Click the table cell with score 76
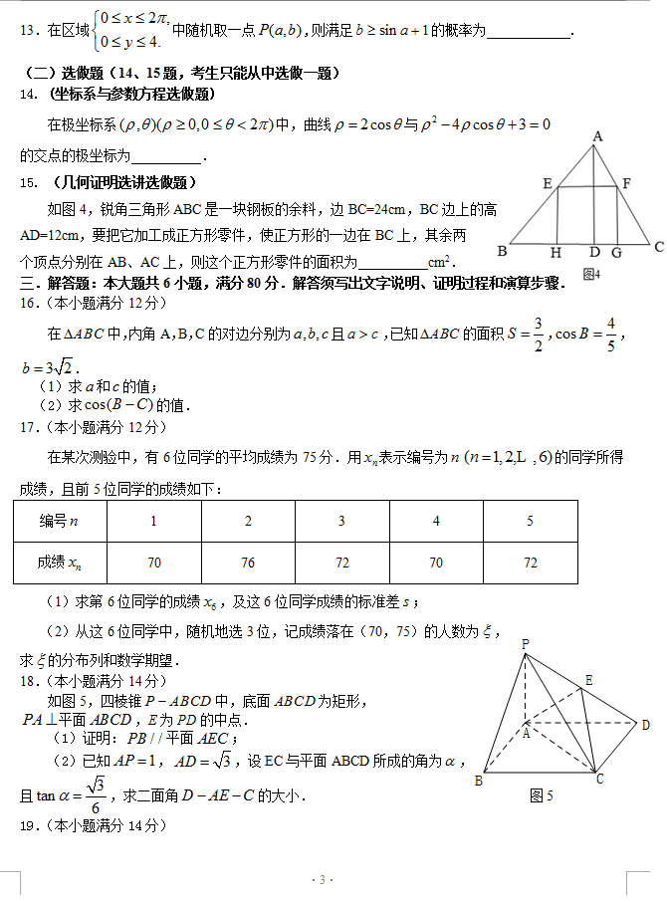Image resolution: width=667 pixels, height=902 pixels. point(248,563)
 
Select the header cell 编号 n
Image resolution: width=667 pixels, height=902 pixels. point(60,521)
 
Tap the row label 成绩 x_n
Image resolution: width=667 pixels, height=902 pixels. point(60,563)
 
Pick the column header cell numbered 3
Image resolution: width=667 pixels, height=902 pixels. point(341,521)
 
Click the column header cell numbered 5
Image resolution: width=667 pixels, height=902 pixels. point(531,521)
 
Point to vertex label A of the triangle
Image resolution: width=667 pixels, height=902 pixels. point(597,136)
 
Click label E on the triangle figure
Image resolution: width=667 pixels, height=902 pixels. point(548,183)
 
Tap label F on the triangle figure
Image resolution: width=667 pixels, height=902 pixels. point(626,183)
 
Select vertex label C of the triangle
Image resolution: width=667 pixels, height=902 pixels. point(658,246)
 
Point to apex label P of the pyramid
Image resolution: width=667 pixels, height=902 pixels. point(525,644)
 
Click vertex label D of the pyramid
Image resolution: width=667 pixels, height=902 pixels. point(645,725)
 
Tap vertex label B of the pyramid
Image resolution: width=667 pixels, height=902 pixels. point(479,781)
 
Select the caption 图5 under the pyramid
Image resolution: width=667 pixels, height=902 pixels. point(542,795)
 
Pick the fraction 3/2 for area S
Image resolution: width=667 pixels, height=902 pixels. point(537,335)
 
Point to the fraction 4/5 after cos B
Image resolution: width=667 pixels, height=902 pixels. point(609,335)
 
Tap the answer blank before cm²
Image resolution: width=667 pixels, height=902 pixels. point(391,262)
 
